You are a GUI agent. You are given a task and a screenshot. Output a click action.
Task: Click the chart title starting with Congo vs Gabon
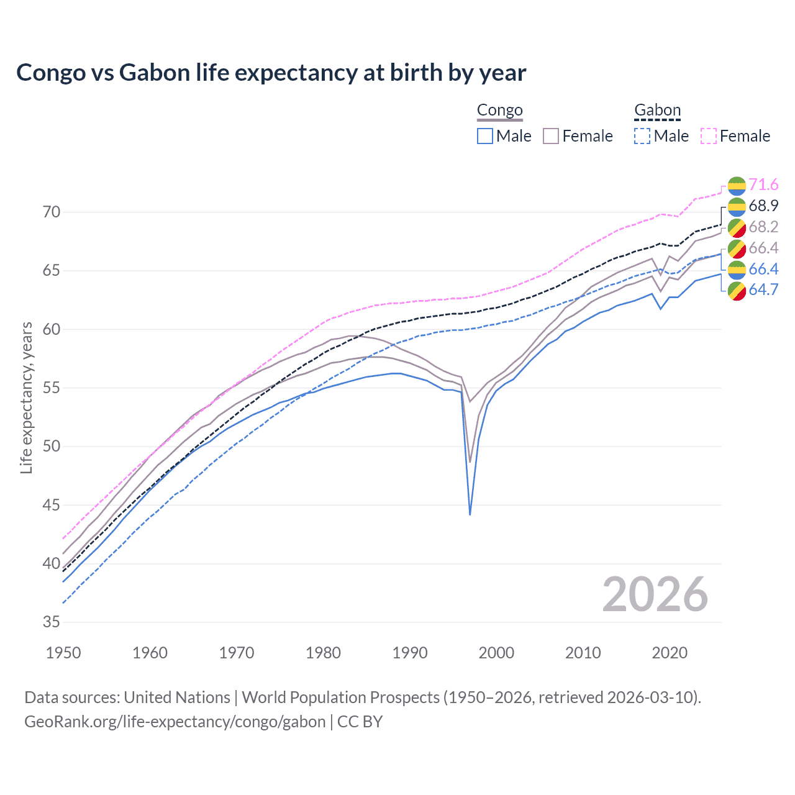271,73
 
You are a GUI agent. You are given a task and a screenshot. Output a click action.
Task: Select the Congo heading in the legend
499,111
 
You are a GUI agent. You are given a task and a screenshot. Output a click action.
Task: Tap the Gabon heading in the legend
657,111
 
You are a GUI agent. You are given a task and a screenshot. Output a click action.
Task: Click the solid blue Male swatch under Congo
485,136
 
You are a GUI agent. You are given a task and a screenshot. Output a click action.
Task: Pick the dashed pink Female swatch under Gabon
709,136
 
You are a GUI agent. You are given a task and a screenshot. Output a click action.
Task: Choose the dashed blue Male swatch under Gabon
642,136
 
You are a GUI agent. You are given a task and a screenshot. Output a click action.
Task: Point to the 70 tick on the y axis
52,212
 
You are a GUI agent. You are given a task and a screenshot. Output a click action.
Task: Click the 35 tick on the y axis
52,622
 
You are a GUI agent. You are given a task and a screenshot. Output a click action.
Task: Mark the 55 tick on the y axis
52,388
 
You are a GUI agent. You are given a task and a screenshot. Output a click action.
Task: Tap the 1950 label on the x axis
63,653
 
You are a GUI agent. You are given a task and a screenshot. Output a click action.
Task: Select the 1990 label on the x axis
410,653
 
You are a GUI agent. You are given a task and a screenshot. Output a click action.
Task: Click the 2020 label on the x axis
670,653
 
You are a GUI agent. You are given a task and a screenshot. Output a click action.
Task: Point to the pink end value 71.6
763,185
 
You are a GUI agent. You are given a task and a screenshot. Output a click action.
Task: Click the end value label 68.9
763,206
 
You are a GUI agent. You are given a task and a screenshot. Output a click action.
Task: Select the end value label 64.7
763,290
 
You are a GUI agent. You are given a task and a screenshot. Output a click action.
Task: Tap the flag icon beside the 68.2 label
737,227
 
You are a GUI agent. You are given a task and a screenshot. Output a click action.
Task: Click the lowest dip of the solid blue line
470,514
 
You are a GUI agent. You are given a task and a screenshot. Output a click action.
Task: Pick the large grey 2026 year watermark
655,594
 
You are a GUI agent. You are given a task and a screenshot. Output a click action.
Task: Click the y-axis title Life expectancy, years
27,397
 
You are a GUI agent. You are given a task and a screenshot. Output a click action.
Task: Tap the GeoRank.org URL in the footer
175,722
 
